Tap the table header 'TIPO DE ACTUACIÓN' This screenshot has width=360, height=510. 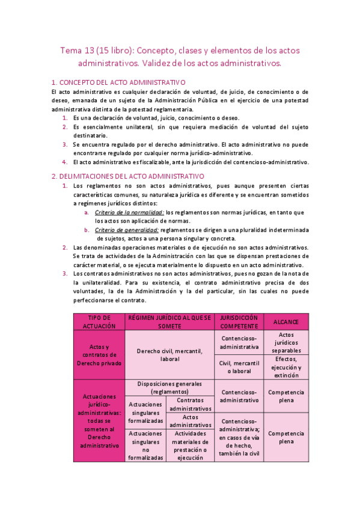[x=99, y=321]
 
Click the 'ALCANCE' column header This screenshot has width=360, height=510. [x=285, y=322]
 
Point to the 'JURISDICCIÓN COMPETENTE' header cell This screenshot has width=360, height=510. [x=239, y=321]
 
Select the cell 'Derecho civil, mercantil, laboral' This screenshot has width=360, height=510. [x=169, y=355]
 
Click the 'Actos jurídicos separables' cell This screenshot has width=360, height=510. [x=285, y=342]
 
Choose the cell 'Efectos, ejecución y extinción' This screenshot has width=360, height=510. [x=285, y=367]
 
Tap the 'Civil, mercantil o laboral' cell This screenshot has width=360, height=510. [x=239, y=367]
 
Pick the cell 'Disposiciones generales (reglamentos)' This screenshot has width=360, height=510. [x=169, y=387]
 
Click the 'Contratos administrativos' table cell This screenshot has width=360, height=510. [x=191, y=404]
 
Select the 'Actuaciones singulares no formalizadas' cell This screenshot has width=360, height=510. [x=145, y=445]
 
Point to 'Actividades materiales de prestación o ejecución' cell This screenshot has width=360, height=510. [x=191, y=445]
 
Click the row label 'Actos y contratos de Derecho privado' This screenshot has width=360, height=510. [x=99, y=355]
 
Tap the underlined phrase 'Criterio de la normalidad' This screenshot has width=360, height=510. [x=129, y=212]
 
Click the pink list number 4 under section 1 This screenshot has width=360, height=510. [x=65, y=162]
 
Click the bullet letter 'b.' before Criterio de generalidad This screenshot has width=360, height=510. [x=87, y=230]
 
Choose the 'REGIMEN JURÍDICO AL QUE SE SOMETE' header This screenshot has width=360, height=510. [x=169, y=321]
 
